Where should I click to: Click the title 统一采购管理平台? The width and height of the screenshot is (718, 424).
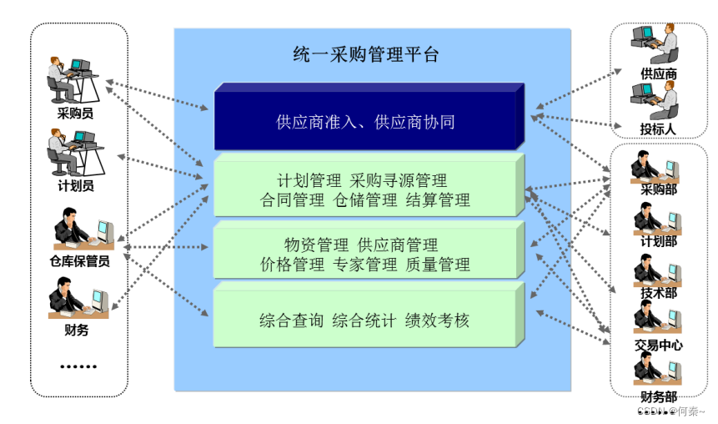click(366, 55)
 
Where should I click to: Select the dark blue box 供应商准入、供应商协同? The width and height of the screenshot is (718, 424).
click(366, 122)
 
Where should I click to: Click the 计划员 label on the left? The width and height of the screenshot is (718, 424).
click(75, 186)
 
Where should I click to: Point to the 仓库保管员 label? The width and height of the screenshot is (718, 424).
click(80, 260)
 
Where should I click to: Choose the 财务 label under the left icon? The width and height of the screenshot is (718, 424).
click(76, 329)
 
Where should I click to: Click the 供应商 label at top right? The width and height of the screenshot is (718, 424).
click(658, 73)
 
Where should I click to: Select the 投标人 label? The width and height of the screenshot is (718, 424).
click(658, 129)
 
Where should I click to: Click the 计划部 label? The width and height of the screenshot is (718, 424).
click(658, 241)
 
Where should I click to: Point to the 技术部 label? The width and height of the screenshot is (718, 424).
click(658, 293)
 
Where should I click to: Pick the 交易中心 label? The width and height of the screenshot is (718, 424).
click(658, 344)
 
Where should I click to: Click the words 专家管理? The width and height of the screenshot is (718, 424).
click(365, 265)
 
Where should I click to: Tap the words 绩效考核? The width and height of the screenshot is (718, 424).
click(438, 320)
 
